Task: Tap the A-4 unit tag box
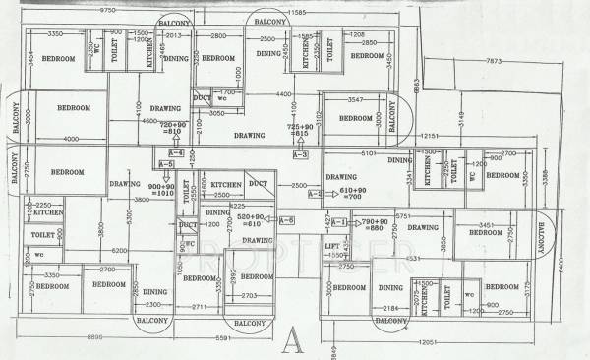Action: click(176, 153)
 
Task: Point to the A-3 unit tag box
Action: click(300, 154)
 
